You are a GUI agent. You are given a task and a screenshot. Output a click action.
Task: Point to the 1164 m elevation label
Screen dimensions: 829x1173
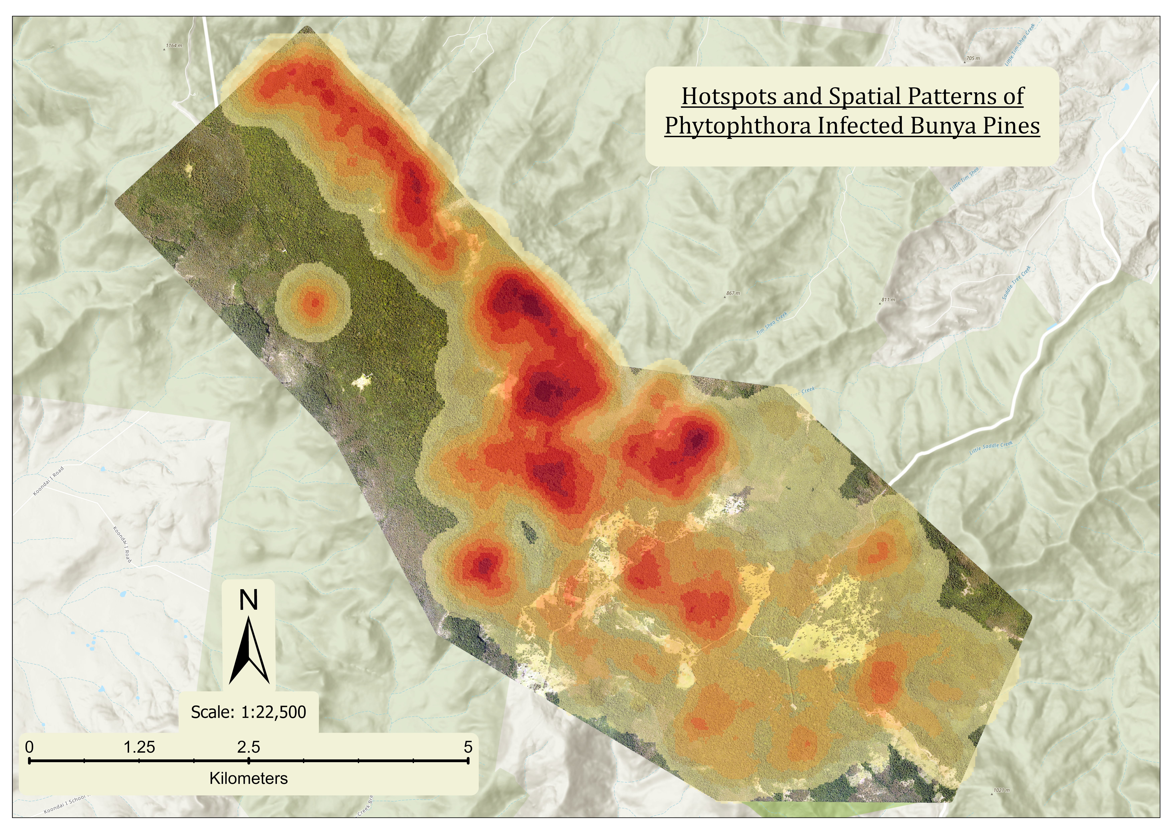click(174, 45)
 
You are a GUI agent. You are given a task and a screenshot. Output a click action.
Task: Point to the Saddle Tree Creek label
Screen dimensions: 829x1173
click(1017, 282)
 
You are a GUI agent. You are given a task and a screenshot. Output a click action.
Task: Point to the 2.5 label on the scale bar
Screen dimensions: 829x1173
click(249, 747)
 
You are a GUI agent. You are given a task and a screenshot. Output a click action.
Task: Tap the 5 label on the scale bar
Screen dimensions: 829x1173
click(468, 747)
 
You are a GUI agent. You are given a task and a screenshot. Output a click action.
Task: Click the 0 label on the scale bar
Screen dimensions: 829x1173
click(30, 747)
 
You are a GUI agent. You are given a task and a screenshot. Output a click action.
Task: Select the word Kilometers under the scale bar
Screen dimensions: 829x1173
click(249, 778)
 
